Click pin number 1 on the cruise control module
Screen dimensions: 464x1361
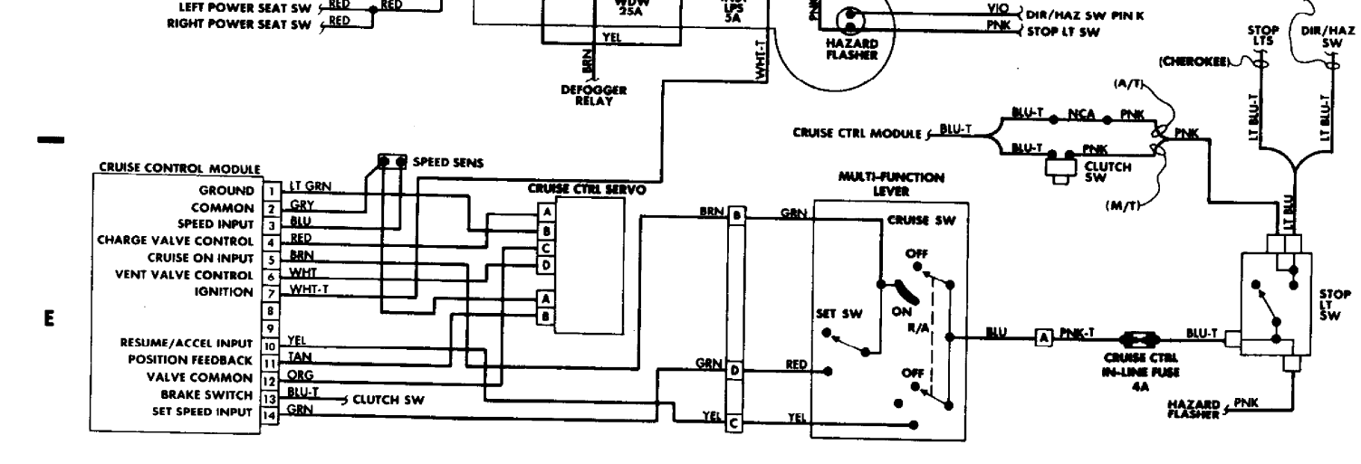(x=268, y=192)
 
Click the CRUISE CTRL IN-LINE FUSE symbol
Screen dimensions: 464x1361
(x=1135, y=340)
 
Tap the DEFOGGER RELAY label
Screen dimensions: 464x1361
(x=594, y=96)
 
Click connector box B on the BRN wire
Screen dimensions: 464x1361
(x=736, y=216)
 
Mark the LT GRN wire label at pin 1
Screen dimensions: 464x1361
(x=310, y=186)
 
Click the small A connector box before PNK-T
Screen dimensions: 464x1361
(x=1042, y=337)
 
